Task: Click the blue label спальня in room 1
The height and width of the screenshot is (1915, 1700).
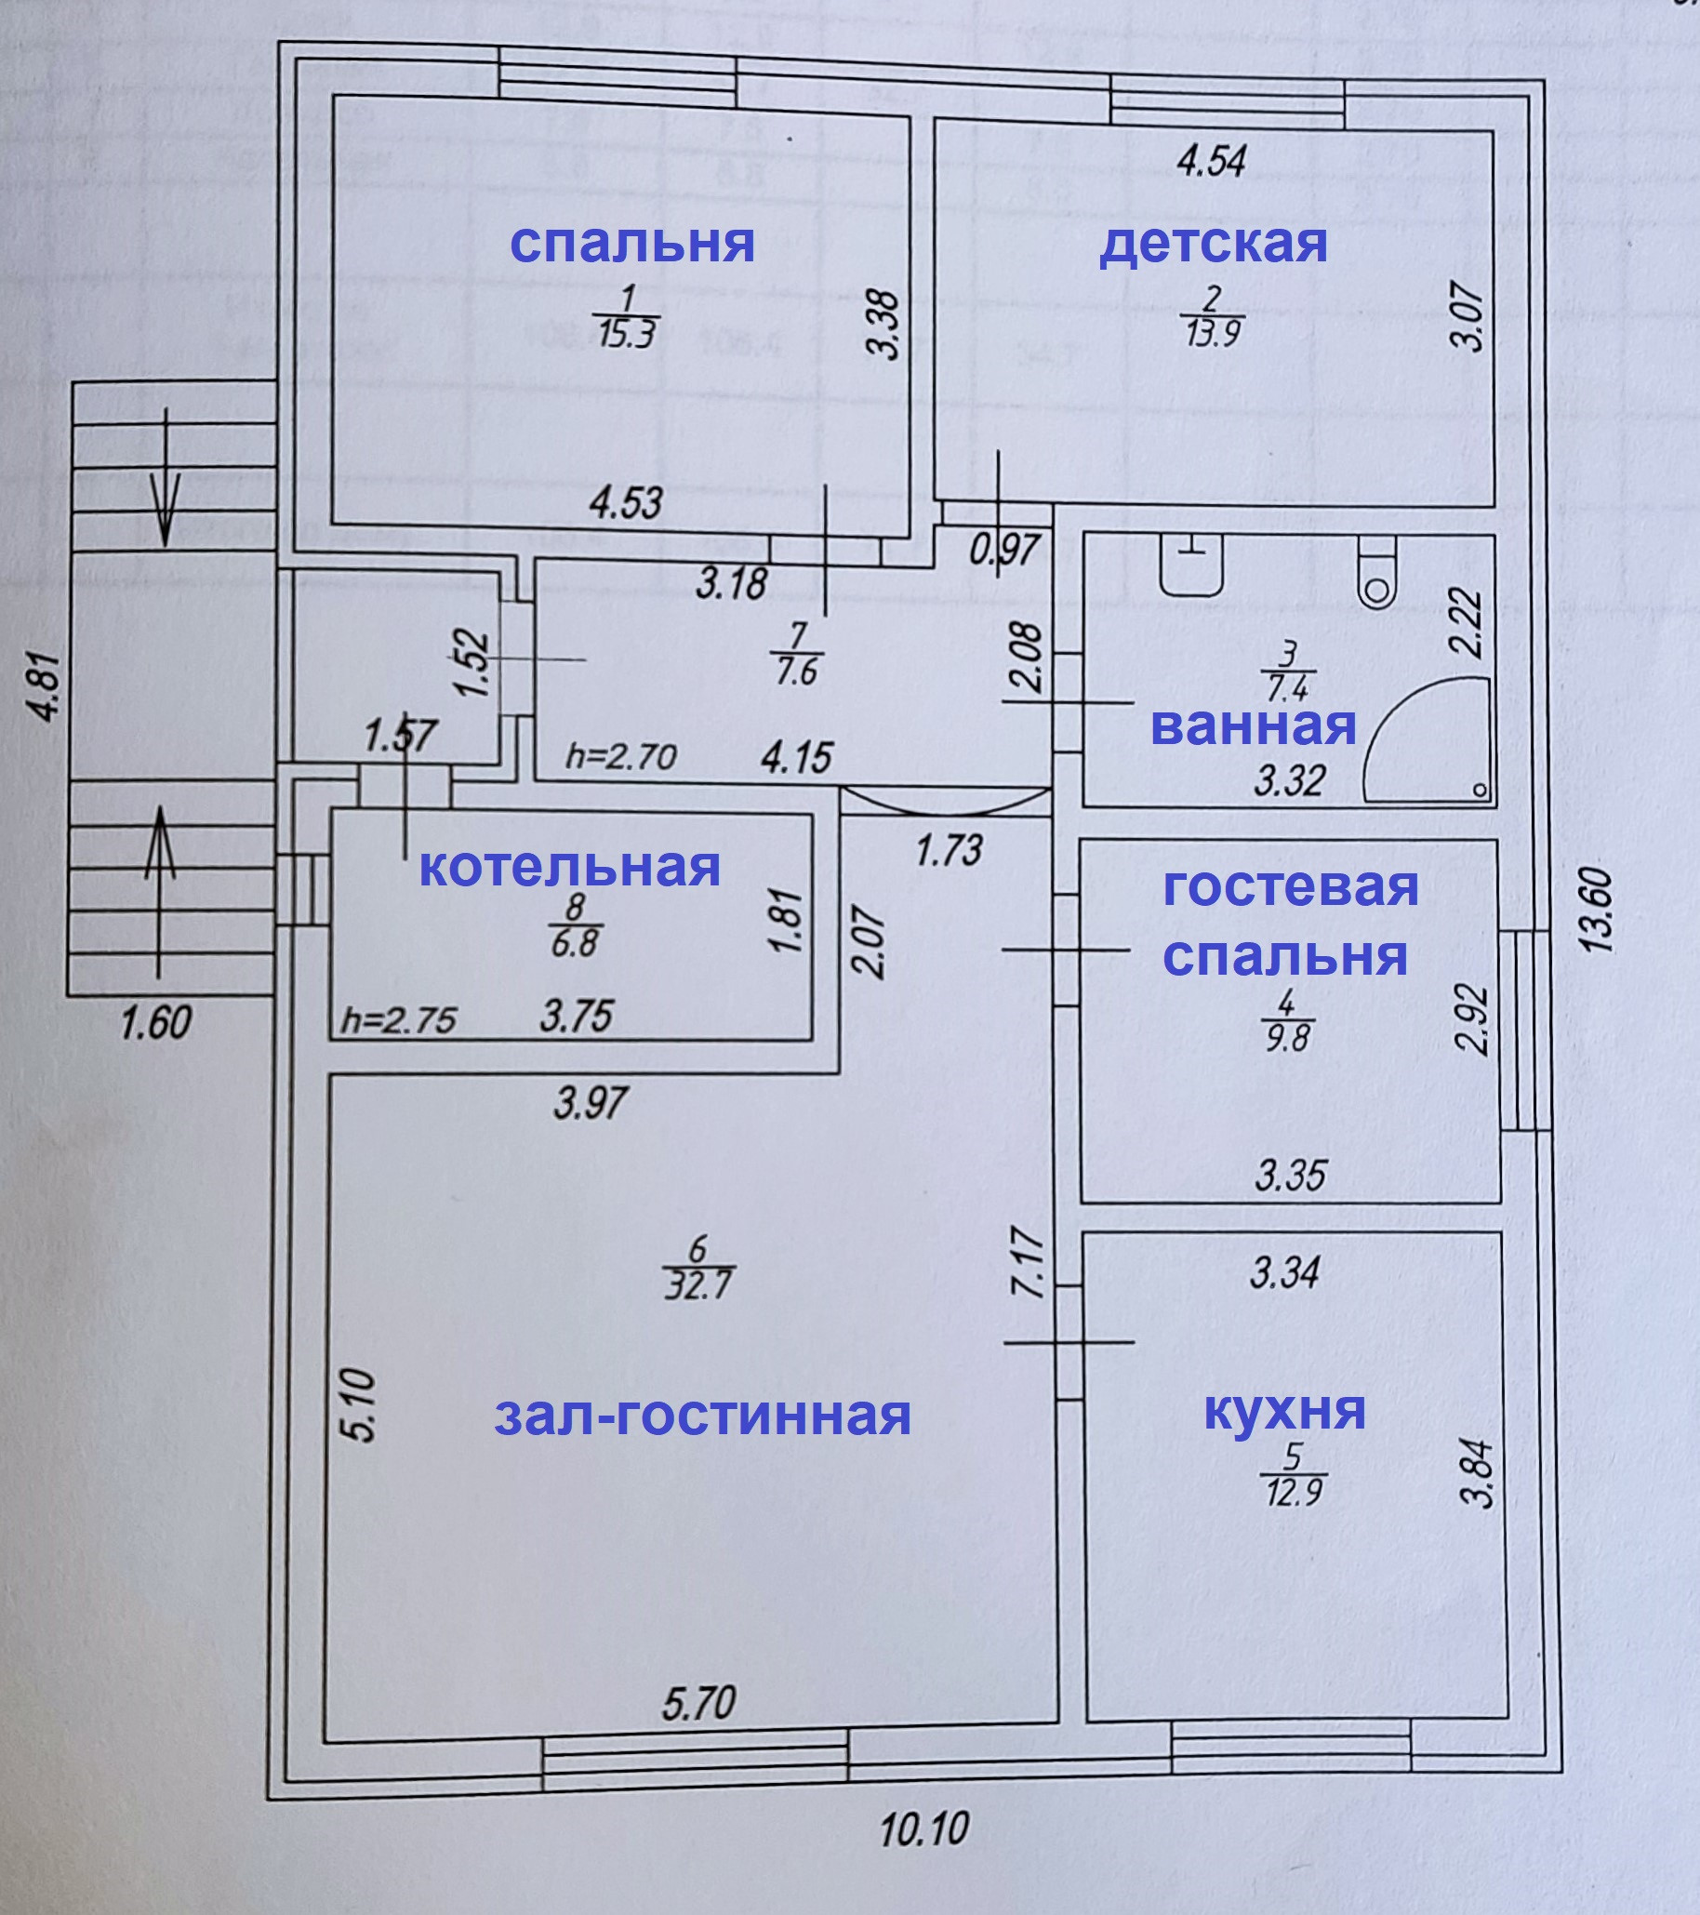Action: pyautogui.click(x=632, y=243)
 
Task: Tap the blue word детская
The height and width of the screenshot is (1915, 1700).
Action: pyautogui.click(x=1213, y=243)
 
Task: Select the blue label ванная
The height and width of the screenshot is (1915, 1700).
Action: pyautogui.click(x=1254, y=726)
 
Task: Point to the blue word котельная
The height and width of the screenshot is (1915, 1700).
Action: pyautogui.click(x=569, y=868)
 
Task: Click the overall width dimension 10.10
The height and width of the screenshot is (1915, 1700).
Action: pyautogui.click(x=924, y=1828)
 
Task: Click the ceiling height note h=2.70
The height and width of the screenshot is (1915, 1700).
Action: pyautogui.click(x=620, y=756)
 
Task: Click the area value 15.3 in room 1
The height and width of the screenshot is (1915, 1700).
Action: pyautogui.click(x=628, y=334)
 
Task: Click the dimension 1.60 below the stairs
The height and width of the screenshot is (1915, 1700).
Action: pyautogui.click(x=155, y=1021)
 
